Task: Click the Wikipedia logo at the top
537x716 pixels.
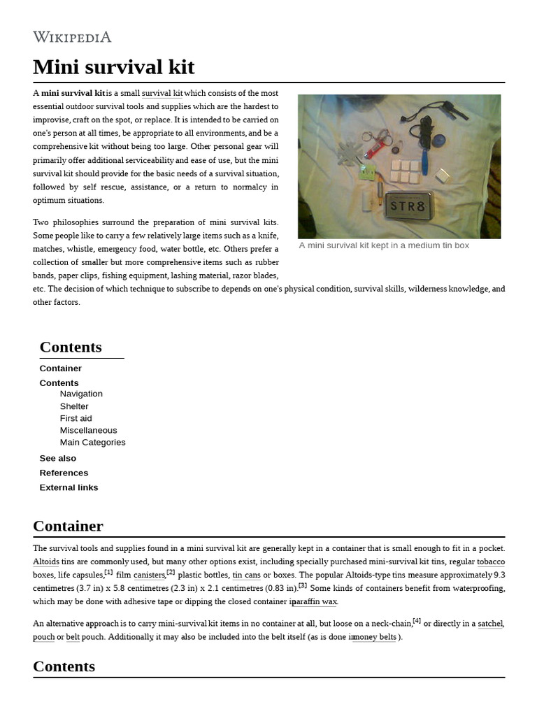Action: (72, 37)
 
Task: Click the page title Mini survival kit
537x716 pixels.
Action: (113, 68)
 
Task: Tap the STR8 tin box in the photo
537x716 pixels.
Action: (410, 207)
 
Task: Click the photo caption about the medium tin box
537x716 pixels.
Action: (384, 245)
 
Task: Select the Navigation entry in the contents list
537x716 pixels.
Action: (81, 394)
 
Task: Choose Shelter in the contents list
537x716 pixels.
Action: (74, 406)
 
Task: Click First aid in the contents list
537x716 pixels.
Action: (76, 418)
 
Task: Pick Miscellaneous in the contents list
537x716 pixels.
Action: (88, 430)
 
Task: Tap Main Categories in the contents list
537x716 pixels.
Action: (92, 442)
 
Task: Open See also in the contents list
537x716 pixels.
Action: (58, 458)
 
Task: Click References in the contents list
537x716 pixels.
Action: (64, 473)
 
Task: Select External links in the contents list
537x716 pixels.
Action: (69, 487)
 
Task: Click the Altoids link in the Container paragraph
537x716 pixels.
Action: (46, 561)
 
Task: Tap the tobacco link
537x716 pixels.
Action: (491, 561)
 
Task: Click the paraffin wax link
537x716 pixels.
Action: (315, 601)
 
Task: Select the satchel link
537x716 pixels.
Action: (490, 623)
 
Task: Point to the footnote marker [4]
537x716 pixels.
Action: (417, 620)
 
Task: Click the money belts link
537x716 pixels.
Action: (375, 637)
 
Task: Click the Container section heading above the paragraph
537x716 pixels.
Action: (68, 526)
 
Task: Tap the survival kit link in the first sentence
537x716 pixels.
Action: (162, 93)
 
